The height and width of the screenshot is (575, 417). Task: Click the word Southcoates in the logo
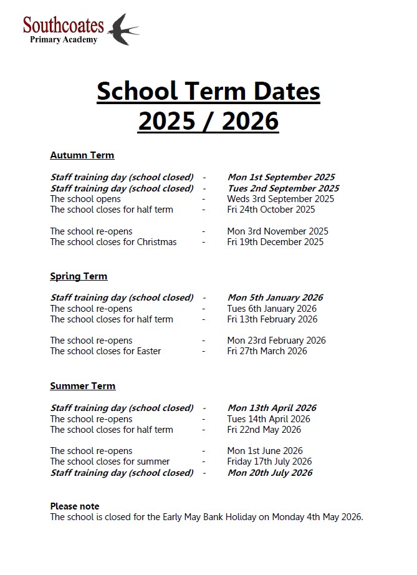pyautogui.click(x=64, y=25)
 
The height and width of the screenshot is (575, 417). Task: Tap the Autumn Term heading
pyautogui.click(x=82, y=155)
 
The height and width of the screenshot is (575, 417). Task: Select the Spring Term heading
pyautogui.click(x=79, y=276)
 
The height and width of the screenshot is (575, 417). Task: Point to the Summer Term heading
pyautogui.click(x=83, y=386)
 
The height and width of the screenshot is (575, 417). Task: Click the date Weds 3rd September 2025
pyautogui.click(x=280, y=199)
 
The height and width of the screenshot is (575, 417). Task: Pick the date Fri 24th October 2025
pyautogui.click(x=271, y=210)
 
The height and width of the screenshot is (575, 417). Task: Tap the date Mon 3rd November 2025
pyautogui.click(x=277, y=231)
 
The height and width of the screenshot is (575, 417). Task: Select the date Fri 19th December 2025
pyautogui.click(x=276, y=242)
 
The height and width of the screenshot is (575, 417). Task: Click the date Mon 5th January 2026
pyautogui.click(x=276, y=297)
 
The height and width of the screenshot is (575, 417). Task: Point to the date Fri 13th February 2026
pyautogui.click(x=272, y=319)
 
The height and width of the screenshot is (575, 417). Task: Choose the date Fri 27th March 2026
pyautogui.click(x=267, y=351)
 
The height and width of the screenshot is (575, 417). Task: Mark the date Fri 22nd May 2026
pyautogui.click(x=264, y=430)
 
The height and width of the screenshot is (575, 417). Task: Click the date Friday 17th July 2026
pyautogui.click(x=269, y=461)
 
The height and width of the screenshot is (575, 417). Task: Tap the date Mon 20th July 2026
pyautogui.click(x=270, y=473)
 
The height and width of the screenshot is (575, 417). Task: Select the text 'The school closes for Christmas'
pyautogui.click(x=113, y=242)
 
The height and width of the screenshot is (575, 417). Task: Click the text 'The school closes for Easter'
pyautogui.click(x=105, y=351)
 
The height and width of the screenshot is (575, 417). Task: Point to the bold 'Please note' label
pyautogui.click(x=75, y=506)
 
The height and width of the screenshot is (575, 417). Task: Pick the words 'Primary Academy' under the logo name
pyautogui.click(x=64, y=40)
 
